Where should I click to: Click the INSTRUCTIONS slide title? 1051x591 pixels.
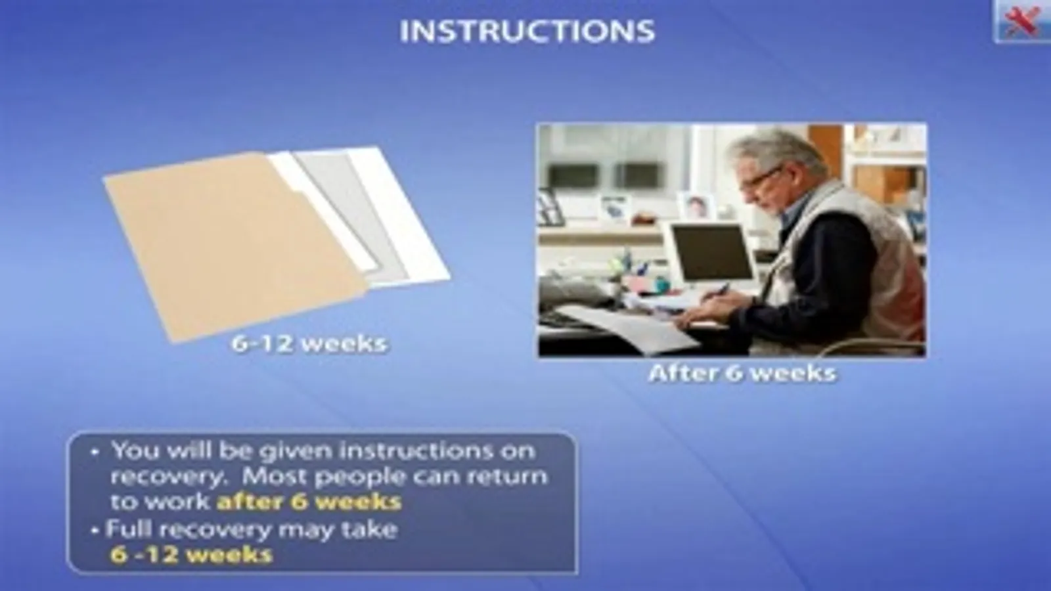coord(527,32)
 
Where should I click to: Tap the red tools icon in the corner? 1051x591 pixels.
coord(1022,21)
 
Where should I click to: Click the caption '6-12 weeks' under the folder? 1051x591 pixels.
coord(309,344)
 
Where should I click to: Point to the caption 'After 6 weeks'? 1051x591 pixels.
coord(742,374)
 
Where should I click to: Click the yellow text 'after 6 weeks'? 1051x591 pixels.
coord(309,502)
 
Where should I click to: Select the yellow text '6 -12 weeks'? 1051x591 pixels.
coord(191,554)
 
